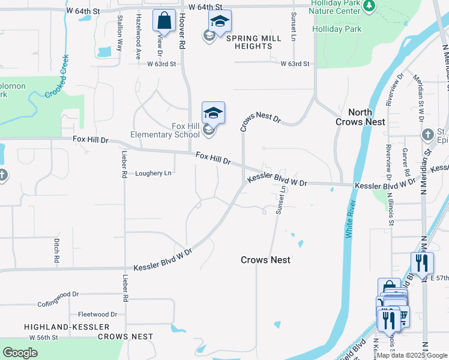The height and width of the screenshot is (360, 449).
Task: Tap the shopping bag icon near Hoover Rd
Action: (163, 21)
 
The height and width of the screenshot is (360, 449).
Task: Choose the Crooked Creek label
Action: (57, 76)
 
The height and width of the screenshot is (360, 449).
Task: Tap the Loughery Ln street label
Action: (153, 173)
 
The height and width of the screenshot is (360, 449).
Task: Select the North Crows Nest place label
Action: (360, 117)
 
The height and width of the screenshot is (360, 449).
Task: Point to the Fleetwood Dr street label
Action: (97, 314)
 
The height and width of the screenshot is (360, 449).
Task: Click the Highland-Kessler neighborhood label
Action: (67, 327)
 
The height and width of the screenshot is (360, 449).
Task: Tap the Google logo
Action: (20, 353)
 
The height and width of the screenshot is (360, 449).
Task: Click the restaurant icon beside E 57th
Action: (422, 263)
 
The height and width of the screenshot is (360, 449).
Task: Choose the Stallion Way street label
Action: (119, 34)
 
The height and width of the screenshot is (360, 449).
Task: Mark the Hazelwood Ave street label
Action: (139, 36)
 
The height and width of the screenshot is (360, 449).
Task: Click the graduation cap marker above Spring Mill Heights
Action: (220, 22)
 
